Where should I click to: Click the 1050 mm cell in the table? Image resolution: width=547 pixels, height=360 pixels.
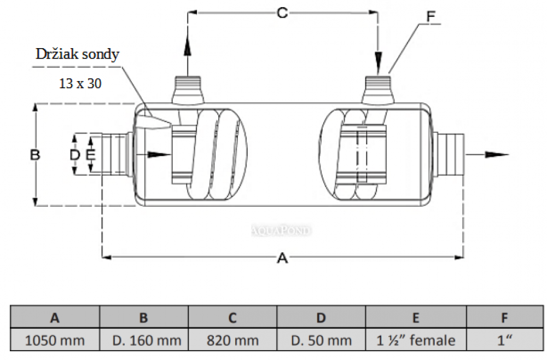pyautogui.click(x=55, y=340)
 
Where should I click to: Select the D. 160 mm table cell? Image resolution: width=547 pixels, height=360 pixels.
pyautogui.click(x=144, y=340)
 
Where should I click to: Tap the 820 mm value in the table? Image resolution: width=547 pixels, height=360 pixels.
pyautogui.click(x=232, y=340)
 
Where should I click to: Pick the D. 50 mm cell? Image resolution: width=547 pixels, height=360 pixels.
pyautogui.click(x=321, y=340)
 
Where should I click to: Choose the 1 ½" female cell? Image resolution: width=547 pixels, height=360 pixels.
pyautogui.click(x=416, y=340)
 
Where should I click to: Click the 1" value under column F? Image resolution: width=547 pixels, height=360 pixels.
pyautogui.click(x=504, y=340)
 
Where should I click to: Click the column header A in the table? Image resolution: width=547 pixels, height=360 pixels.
pyautogui.click(x=55, y=318)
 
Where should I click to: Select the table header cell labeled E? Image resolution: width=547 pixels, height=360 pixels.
pyautogui.click(x=416, y=318)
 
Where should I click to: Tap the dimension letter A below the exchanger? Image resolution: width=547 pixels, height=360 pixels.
pyautogui.click(x=282, y=258)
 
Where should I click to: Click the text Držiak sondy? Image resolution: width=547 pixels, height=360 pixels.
pyautogui.click(x=77, y=55)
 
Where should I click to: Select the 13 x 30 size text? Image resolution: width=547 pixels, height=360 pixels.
pyautogui.click(x=80, y=84)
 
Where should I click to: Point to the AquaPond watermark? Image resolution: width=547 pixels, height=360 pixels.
pyautogui.click(x=282, y=230)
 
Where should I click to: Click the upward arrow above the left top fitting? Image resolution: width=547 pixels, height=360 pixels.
pyautogui.click(x=187, y=47)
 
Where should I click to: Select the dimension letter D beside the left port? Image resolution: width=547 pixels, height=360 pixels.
pyautogui.click(x=75, y=155)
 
